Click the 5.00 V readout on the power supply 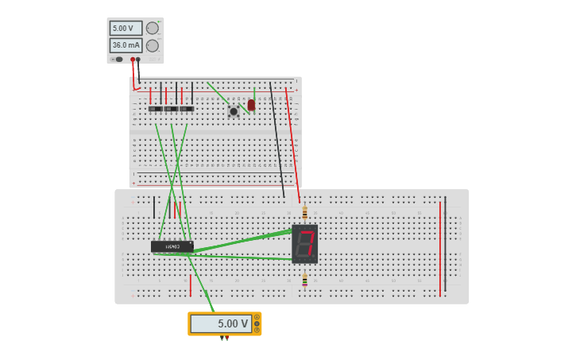[x=126, y=29]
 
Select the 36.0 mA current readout [x=126, y=45]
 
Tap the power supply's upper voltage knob [x=153, y=29]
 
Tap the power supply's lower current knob [x=153, y=45]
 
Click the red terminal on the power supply [x=133, y=60]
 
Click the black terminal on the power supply [x=138, y=60]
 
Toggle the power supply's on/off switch [x=119, y=59]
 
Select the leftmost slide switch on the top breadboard [x=155, y=109]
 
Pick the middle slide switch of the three [x=171, y=109]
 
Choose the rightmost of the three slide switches [x=187, y=109]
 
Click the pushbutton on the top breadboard [x=234, y=111]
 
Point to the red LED [x=252, y=105]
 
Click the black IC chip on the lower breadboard [x=172, y=246]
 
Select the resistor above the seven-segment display [x=305, y=213]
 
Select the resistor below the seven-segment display [x=305, y=279]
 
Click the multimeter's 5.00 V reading [x=222, y=323]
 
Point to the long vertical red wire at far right [x=440, y=248]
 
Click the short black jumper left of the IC [x=154, y=207]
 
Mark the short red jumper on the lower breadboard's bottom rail [x=191, y=286]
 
